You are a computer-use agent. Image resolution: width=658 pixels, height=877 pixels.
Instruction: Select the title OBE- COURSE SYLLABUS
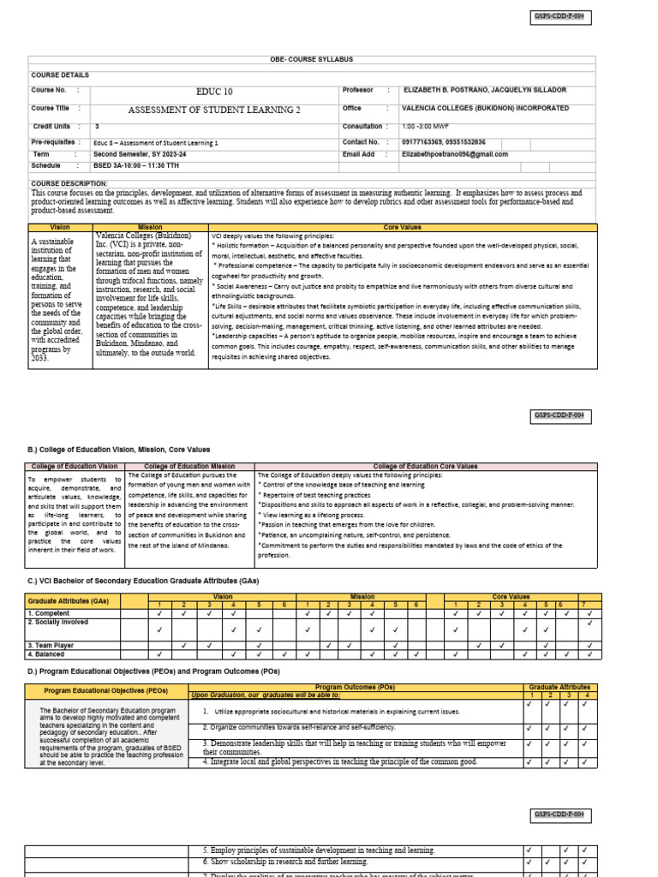[312, 59]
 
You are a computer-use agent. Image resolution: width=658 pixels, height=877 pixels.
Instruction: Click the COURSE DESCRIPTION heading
[69, 183]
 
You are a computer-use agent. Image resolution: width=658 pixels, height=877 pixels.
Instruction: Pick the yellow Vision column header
[60, 228]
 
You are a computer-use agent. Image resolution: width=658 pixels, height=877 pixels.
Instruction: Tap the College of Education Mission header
[189, 466]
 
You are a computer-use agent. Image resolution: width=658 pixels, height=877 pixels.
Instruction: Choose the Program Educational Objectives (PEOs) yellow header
[106, 689]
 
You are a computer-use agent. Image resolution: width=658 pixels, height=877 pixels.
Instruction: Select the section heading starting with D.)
[154, 671]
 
